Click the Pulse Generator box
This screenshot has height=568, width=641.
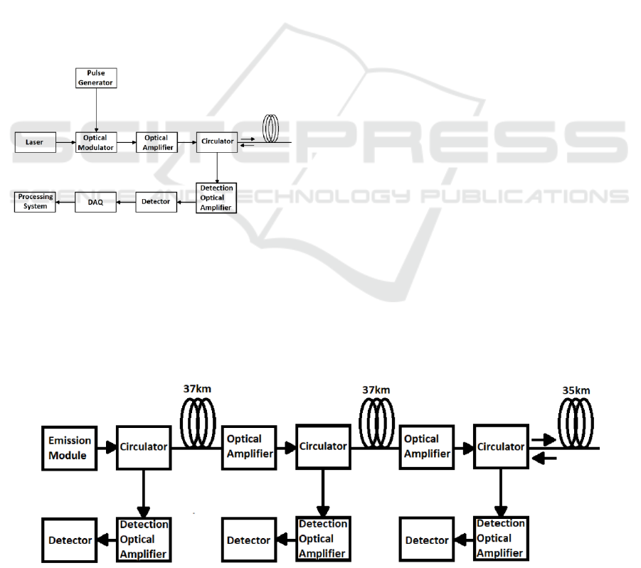(x=95, y=78)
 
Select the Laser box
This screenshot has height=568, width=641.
(x=34, y=141)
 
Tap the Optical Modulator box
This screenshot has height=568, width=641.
(x=95, y=142)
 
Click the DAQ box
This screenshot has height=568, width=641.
(x=95, y=202)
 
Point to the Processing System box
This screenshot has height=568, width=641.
(x=36, y=202)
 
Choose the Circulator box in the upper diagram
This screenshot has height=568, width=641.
(x=217, y=141)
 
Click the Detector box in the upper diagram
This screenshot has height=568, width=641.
(x=156, y=202)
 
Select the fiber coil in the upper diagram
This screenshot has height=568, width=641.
(x=271, y=128)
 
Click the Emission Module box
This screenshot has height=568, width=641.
(x=67, y=447)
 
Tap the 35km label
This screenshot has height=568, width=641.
(x=576, y=390)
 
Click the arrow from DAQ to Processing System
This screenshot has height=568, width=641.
(x=65, y=202)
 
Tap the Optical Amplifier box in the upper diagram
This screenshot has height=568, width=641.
(x=156, y=141)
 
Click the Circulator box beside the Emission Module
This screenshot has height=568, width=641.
(x=143, y=447)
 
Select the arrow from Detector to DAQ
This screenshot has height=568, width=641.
(x=127, y=202)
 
